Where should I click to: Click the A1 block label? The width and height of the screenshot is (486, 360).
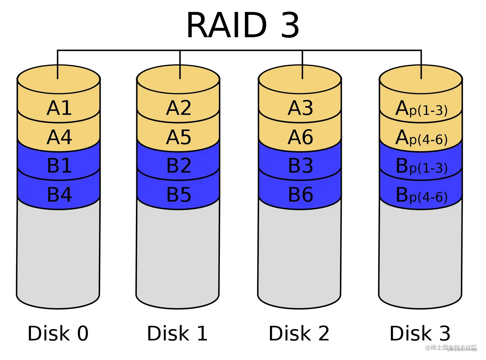click(x=59, y=108)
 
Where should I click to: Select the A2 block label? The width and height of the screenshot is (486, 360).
click(x=178, y=108)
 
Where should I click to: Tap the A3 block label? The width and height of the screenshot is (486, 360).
click(x=300, y=108)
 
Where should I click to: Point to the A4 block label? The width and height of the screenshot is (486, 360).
click(x=59, y=137)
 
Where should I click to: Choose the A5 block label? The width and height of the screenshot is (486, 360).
click(x=178, y=137)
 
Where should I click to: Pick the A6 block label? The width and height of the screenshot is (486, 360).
click(x=300, y=137)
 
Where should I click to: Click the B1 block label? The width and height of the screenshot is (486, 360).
click(x=59, y=166)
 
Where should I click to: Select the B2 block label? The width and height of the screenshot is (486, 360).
click(x=179, y=166)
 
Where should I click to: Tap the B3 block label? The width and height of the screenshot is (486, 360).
click(x=301, y=166)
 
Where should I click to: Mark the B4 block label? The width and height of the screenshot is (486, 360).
click(x=59, y=194)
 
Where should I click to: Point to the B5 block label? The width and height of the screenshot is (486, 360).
click(x=179, y=194)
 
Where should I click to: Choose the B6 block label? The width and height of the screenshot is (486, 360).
click(x=301, y=194)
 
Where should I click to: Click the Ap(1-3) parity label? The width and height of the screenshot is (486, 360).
click(x=421, y=109)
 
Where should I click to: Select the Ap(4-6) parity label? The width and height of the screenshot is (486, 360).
click(x=421, y=138)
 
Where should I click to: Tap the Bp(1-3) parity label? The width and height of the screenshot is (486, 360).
click(x=421, y=166)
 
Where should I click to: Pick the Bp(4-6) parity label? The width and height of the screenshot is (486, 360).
click(x=421, y=195)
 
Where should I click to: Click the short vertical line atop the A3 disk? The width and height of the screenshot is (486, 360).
click(x=302, y=72)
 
